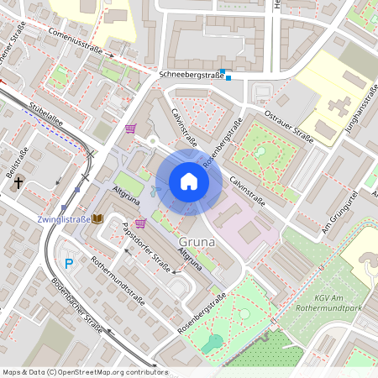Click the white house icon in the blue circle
click(x=189, y=181)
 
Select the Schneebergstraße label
click(x=191, y=75)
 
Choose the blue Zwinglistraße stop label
click(x=64, y=219)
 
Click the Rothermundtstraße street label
click(x=118, y=280)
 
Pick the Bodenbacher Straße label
click(x=76, y=303)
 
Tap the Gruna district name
click(x=197, y=244)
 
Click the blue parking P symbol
click(x=69, y=263)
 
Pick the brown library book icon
click(x=97, y=218)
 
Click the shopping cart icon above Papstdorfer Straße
click(x=139, y=223)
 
